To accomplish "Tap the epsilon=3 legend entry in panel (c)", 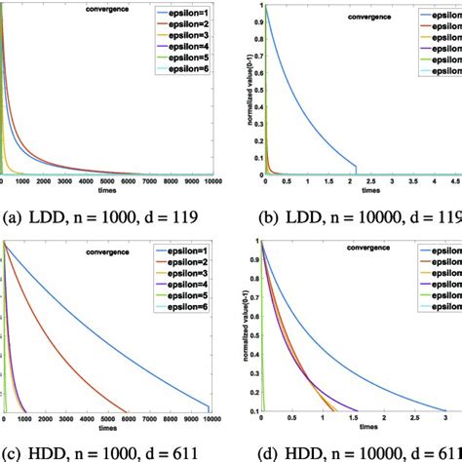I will click(x=180, y=284).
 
